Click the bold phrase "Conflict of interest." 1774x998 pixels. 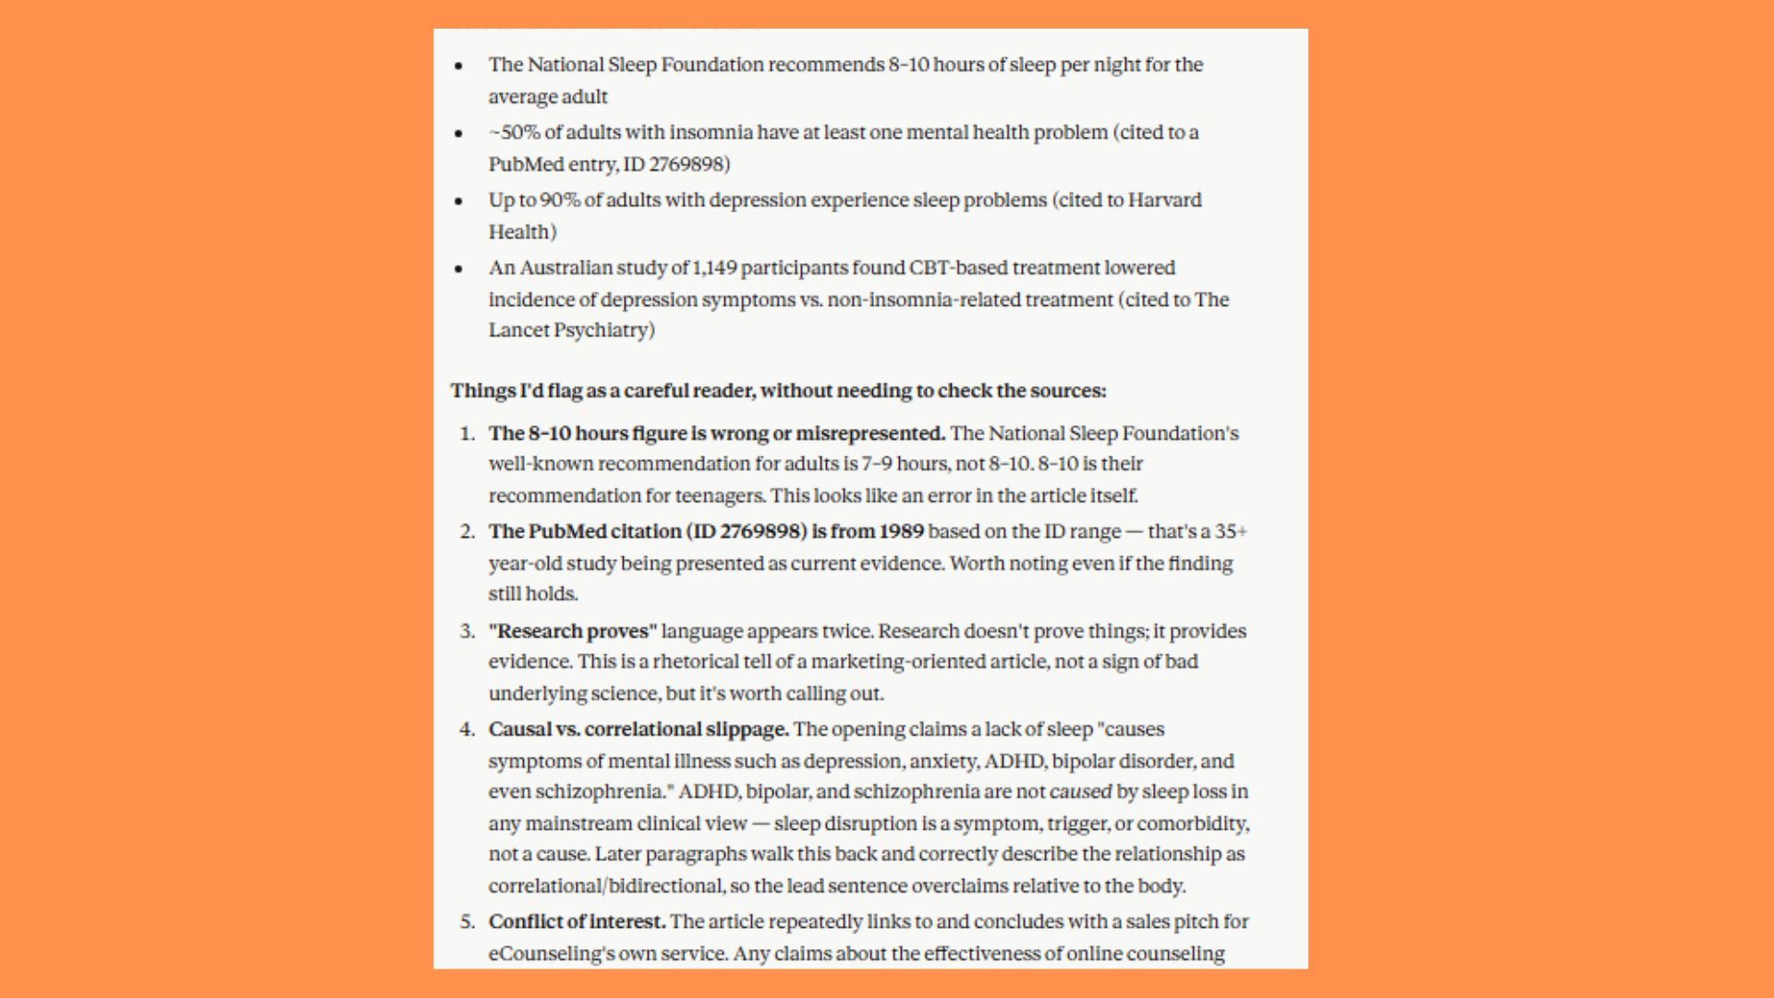point(577,921)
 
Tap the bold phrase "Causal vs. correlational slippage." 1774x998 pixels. point(638,729)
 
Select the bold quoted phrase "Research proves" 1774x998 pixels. point(573,631)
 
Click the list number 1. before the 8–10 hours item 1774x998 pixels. point(468,433)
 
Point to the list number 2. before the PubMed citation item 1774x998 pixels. point(468,531)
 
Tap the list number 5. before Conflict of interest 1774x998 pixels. point(468,921)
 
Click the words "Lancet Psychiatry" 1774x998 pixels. point(572,330)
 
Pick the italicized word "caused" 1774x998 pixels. point(1080,792)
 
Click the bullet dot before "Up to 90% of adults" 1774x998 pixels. point(458,201)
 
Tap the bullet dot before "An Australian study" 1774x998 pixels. point(458,269)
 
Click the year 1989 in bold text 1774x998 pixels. point(901,531)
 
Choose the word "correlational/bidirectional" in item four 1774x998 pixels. point(606,885)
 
